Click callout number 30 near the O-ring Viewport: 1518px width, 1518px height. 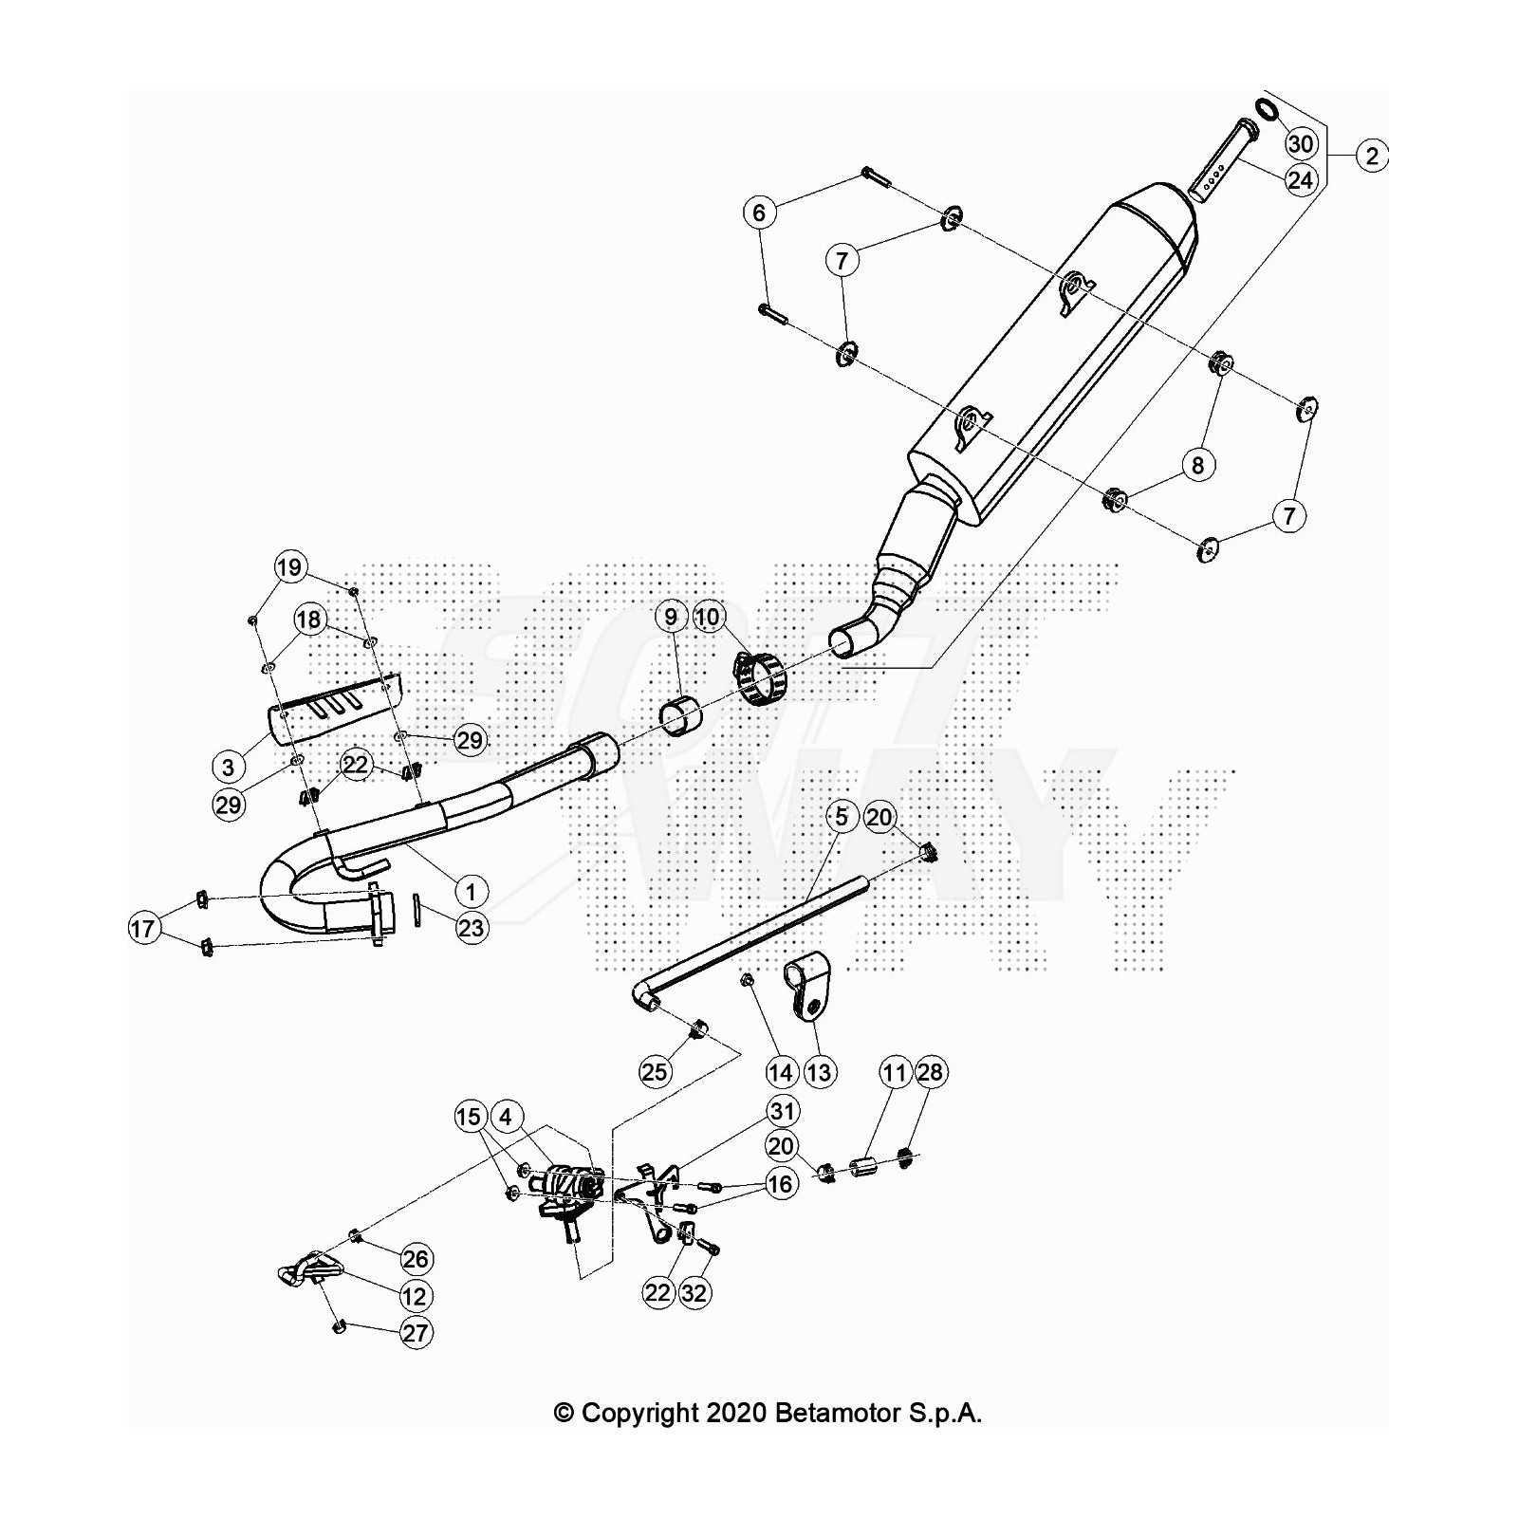pyautogui.click(x=1301, y=143)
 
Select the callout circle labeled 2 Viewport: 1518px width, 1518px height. pyautogui.click(x=1372, y=155)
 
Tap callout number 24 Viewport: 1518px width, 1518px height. pyautogui.click(x=1301, y=179)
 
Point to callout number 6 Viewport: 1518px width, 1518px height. pyautogui.click(x=759, y=213)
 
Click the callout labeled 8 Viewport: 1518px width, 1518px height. pyautogui.click(x=1198, y=465)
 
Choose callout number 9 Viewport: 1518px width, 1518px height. pyautogui.click(x=671, y=618)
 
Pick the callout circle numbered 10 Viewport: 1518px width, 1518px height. pyautogui.click(x=708, y=618)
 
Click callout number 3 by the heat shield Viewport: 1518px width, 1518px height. pyautogui.click(x=228, y=767)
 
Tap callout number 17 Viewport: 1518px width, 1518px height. pyautogui.click(x=142, y=928)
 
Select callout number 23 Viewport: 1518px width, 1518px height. pyautogui.click(x=471, y=927)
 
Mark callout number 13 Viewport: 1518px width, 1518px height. pyautogui.click(x=819, y=1072)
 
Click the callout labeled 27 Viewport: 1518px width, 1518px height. pyautogui.click(x=416, y=1333)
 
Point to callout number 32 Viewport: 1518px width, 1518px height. pyautogui.click(x=694, y=1292)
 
